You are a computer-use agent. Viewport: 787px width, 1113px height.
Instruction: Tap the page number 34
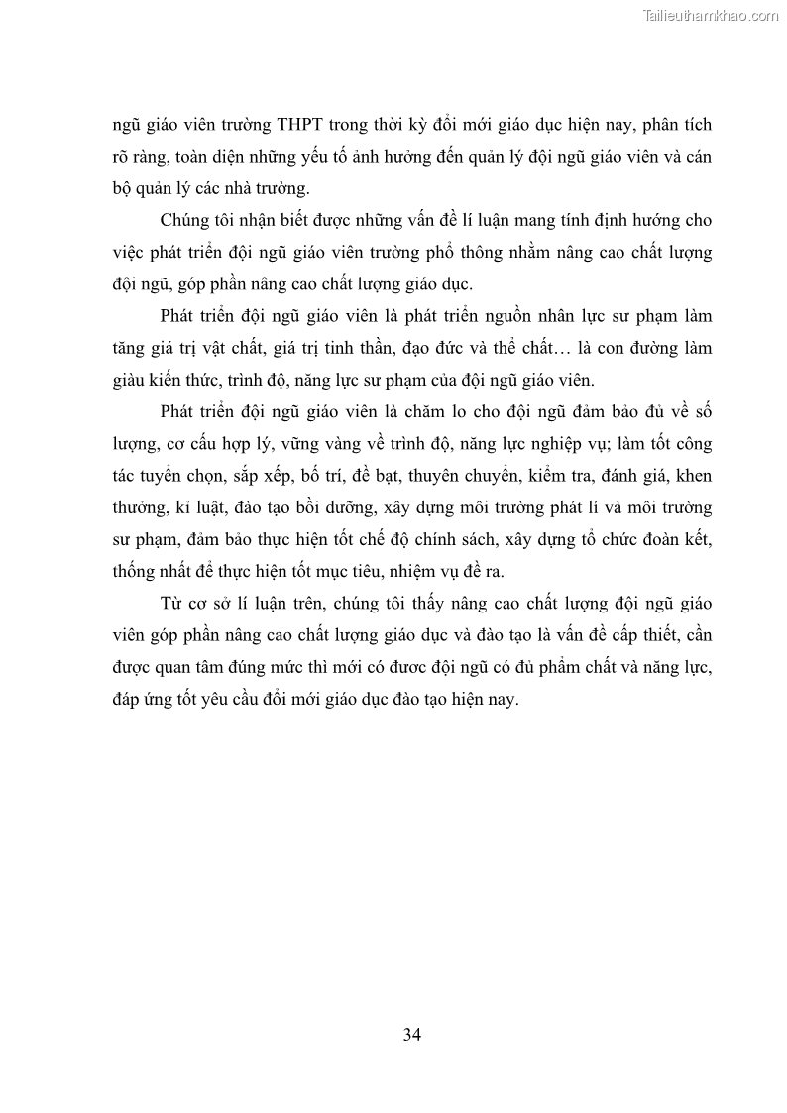413,1035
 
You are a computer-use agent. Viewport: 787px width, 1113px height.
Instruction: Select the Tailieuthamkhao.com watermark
712,15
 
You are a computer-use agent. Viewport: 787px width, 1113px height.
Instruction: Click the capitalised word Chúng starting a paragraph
183,220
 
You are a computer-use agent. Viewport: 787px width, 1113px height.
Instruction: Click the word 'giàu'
129,380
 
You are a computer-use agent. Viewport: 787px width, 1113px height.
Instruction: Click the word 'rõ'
122,158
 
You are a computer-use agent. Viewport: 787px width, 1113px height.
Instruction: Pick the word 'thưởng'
137,507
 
